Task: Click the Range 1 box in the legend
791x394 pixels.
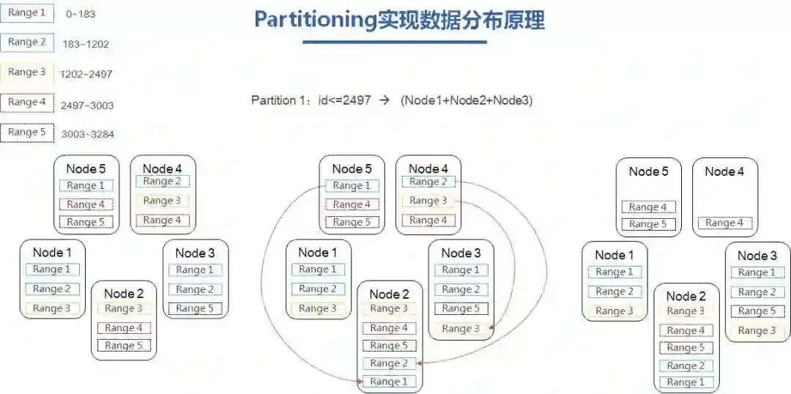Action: tap(27, 12)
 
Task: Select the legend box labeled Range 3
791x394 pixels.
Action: tap(27, 73)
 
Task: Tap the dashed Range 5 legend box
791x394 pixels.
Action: tap(27, 133)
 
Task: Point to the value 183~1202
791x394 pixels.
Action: tap(86, 44)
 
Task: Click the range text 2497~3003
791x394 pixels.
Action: tap(87, 105)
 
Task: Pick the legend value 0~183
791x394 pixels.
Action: tap(81, 14)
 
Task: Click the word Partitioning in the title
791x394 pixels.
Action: tap(315, 20)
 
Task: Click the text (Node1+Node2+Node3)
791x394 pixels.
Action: tap(467, 100)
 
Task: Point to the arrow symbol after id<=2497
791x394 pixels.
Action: tap(383, 100)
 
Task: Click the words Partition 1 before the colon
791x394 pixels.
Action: tap(275, 100)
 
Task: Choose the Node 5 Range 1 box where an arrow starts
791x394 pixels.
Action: tap(352, 186)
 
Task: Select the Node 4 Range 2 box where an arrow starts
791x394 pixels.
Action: tap(428, 182)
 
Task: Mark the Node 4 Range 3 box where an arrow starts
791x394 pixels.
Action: tap(428, 201)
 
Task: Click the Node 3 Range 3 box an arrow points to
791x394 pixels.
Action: tap(461, 329)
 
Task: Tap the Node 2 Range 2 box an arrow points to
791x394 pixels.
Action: tap(389, 363)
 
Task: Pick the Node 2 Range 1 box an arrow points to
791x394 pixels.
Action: tap(389, 382)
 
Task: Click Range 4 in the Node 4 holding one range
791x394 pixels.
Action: tap(725, 223)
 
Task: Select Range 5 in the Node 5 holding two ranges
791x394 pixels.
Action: tap(648, 225)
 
